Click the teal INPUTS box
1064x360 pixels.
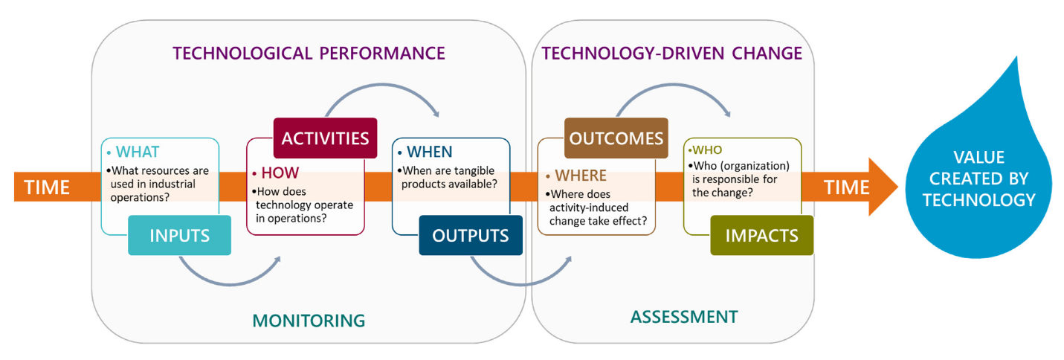(x=179, y=235)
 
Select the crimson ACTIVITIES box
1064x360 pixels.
(x=324, y=138)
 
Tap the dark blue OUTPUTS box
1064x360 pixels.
(x=471, y=235)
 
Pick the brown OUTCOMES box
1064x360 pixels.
(x=616, y=138)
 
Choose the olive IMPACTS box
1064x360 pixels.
(x=761, y=235)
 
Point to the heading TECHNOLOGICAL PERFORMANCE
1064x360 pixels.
(x=309, y=54)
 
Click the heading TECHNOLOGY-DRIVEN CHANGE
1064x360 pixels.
(x=672, y=54)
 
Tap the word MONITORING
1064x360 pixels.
(x=309, y=321)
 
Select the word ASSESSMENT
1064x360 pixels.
(x=684, y=317)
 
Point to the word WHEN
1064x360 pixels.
(x=429, y=152)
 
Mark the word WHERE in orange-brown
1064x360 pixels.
(x=579, y=176)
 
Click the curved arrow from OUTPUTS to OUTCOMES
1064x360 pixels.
(x=520, y=279)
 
